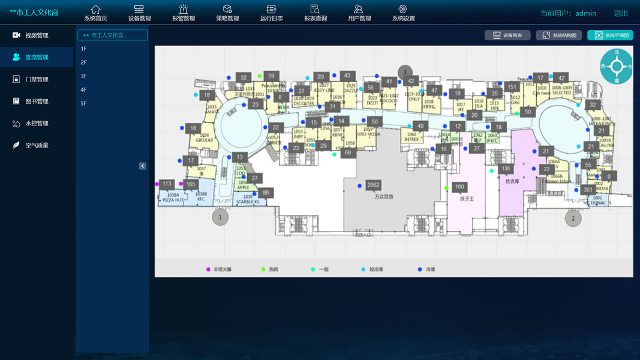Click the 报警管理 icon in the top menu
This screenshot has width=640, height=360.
184,10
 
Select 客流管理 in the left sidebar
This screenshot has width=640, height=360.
37,58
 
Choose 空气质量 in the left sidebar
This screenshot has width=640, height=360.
37,145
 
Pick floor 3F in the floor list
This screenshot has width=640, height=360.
84,76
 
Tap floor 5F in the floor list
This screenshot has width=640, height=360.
84,104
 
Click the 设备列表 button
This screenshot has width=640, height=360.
507,35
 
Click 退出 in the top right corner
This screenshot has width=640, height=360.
621,13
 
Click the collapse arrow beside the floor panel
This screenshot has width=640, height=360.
143,166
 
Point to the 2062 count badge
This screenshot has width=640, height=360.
373,185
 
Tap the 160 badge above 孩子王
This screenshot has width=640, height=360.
459,187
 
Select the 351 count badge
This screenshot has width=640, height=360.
588,190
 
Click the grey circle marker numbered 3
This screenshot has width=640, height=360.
405,73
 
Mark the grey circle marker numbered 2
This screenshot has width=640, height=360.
573,218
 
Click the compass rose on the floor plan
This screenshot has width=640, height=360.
617,66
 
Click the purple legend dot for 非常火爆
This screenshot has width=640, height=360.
209,269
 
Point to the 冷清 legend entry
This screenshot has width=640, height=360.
426,269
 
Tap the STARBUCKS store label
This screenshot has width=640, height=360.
248,202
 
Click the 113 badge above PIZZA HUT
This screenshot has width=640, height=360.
167,184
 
